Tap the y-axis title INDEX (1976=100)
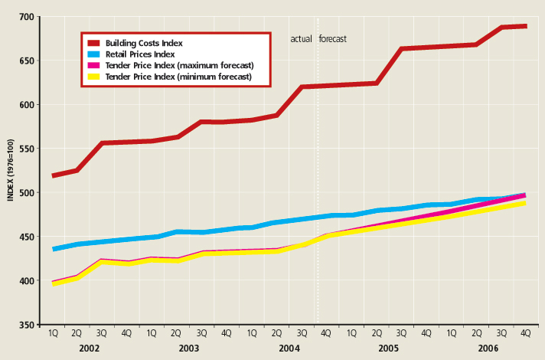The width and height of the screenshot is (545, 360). pos(10,170)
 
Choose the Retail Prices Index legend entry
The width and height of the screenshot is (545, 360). pos(140,54)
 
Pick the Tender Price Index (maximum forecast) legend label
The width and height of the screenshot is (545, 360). pos(179,66)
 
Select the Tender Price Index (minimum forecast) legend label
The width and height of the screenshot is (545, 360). pos(178,77)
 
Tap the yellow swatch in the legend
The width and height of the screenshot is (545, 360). pos(94,77)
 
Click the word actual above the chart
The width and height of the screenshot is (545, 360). pos(299,38)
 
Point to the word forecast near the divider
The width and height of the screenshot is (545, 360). pos(333,38)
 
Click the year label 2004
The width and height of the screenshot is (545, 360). pos(289,349)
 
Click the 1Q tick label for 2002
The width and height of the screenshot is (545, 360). pos(54,333)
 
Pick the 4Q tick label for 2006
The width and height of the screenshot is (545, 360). pos(525,333)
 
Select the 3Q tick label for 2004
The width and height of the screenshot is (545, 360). pos(302,333)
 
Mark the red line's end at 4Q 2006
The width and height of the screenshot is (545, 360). pos(526,26)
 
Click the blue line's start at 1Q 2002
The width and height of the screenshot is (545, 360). pos(54,249)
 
